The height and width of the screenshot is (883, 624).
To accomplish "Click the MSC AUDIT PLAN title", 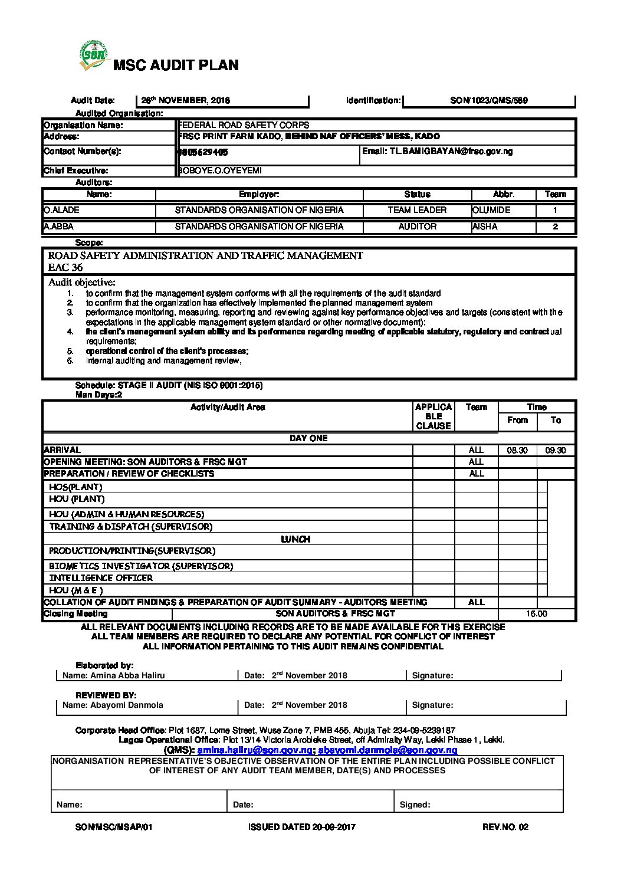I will click(x=176, y=65).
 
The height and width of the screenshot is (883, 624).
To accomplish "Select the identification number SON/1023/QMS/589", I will click(x=488, y=101).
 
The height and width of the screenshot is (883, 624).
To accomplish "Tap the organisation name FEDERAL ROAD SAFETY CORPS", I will click(x=244, y=125).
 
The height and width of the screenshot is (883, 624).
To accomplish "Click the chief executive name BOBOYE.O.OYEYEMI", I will click(x=220, y=171).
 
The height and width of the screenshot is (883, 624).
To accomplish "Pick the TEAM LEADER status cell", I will click(x=417, y=211).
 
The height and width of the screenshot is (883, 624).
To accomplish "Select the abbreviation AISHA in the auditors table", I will click(x=485, y=227).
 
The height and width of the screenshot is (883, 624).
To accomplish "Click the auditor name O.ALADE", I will click(x=61, y=211).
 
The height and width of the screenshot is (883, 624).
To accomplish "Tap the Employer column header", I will click(x=259, y=195).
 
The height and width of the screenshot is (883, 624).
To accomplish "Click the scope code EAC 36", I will click(x=65, y=268).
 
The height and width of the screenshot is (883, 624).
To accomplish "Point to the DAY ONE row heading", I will click(x=308, y=439).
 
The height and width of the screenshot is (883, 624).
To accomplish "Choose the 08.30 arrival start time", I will click(x=517, y=451).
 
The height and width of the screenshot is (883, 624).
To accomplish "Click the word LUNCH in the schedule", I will click(x=295, y=540).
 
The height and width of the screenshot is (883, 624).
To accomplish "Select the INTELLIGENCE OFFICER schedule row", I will click(x=101, y=579).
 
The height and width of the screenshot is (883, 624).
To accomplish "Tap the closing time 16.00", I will click(x=536, y=615).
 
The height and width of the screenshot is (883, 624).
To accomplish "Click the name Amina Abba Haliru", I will click(x=127, y=676).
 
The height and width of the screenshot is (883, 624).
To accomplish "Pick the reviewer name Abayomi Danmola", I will click(x=126, y=705).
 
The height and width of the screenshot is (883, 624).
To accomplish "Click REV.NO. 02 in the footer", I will click(x=505, y=828).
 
